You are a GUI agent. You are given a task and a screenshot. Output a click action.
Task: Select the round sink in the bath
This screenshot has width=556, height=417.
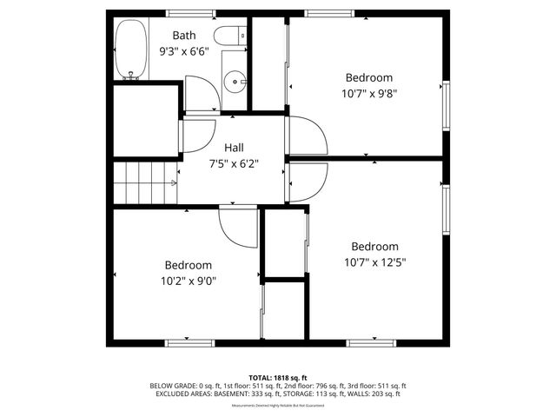pos(235,83)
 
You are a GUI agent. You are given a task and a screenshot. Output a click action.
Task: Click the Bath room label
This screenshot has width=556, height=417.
pos(183,36)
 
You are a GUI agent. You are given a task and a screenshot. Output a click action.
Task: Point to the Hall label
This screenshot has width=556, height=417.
pos(234,147)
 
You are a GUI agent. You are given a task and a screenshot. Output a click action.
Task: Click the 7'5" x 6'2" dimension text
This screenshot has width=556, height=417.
pos(234,162)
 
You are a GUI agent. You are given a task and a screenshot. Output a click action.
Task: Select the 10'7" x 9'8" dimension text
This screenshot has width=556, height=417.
pos(369,92)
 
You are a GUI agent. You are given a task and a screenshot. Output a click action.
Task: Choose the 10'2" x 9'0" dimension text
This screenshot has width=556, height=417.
pos(187,281)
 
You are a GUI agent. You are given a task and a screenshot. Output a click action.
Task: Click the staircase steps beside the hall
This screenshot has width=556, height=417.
pos(143,182)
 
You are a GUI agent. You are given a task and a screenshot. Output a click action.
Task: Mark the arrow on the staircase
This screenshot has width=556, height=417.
pos(174,182)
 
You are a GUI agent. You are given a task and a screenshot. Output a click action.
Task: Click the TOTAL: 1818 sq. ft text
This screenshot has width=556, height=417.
pos(278,377)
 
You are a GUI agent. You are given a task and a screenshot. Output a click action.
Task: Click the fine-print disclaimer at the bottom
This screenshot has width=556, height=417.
pos(278,406)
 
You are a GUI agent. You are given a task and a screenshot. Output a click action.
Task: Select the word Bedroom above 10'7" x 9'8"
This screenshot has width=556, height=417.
pos(369,76)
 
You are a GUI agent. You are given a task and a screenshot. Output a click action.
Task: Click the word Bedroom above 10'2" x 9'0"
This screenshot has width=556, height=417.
pos(188,265)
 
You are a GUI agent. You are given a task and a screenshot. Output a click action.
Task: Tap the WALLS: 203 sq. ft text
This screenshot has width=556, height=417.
pos(374,394)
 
